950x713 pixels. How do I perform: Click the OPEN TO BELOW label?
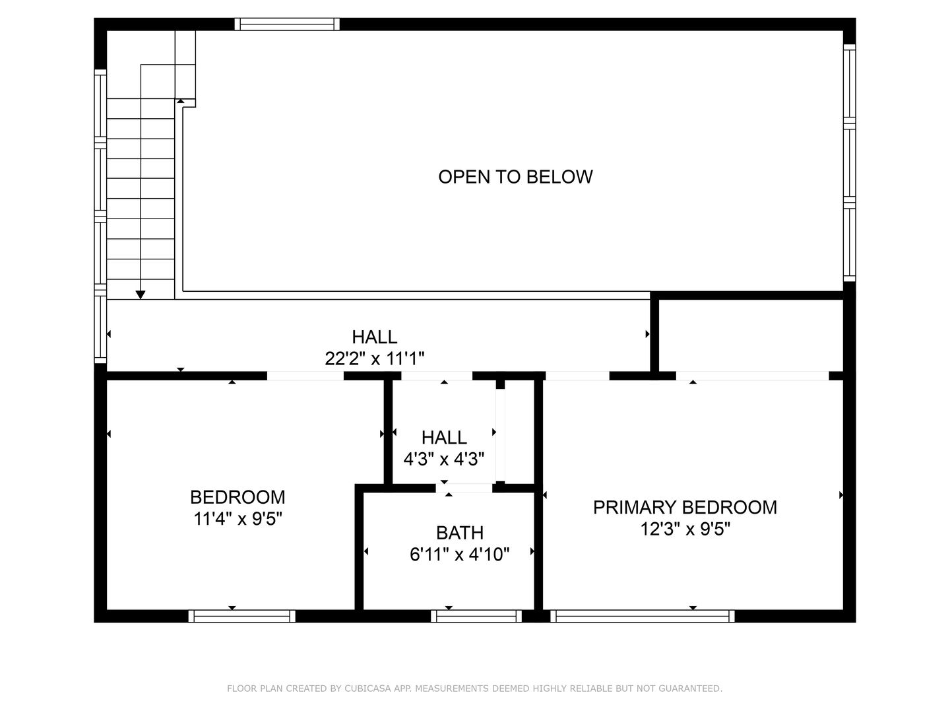point(515,176)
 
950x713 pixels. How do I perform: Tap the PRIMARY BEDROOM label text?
point(685,507)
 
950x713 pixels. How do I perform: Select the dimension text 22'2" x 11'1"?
point(374,358)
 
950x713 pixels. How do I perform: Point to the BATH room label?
point(459,532)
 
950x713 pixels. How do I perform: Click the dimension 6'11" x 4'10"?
point(459,554)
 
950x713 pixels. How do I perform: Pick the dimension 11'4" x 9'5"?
point(237,519)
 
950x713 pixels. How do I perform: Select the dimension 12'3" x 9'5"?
point(685,529)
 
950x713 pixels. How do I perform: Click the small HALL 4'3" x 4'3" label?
point(444,448)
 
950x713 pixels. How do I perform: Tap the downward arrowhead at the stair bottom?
point(140,294)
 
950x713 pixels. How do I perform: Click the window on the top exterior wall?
point(287,24)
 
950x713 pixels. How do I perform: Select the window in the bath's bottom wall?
point(476,616)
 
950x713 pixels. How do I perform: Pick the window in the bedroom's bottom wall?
point(241,616)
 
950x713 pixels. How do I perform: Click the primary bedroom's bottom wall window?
point(643,616)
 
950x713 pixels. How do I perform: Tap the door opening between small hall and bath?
point(464,488)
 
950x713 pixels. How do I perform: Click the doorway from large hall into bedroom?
point(305,376)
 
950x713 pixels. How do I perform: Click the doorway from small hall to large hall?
point(437,376)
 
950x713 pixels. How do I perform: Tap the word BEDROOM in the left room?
point(237,496)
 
